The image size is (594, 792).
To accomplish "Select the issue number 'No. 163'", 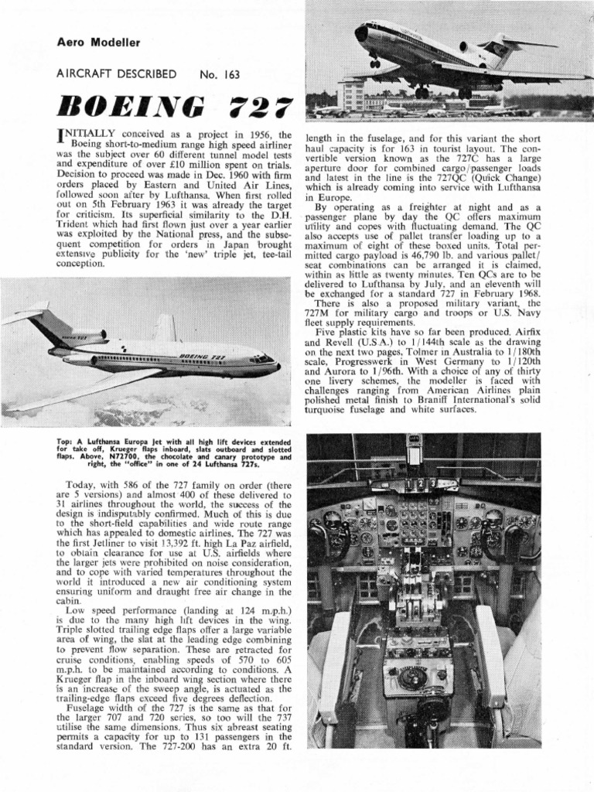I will coord(220,75).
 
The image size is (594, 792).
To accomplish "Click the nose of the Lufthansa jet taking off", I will coord(360,32).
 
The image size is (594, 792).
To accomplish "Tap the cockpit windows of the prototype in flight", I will coord(262,358).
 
